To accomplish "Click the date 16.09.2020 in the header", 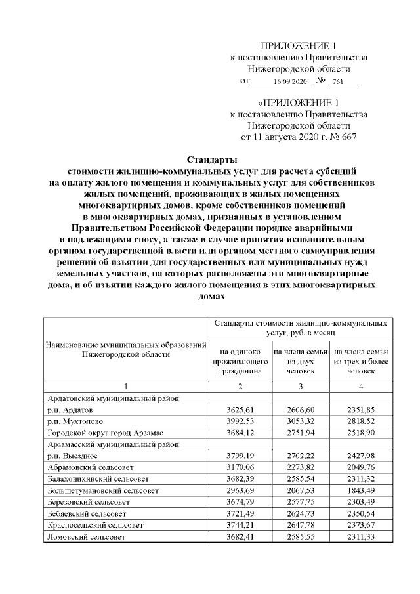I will coord(288,82).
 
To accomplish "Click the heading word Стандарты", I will coord(211,159).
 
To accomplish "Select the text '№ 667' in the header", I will coord(345,137).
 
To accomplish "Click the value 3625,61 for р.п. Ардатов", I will coord(240,409).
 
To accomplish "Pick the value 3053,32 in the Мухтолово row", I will coord(299,420).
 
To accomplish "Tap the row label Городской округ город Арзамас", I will coord(108,431).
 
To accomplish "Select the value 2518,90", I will coord(361,431).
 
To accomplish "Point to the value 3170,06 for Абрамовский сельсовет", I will coord(240,466).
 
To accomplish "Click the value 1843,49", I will coord(361,489).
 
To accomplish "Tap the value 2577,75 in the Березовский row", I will coord(299,501).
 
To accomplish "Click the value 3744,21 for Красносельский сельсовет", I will coord(240,524).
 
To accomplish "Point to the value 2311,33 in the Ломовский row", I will coord(361,536).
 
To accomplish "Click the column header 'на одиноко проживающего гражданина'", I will coord(240,362).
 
